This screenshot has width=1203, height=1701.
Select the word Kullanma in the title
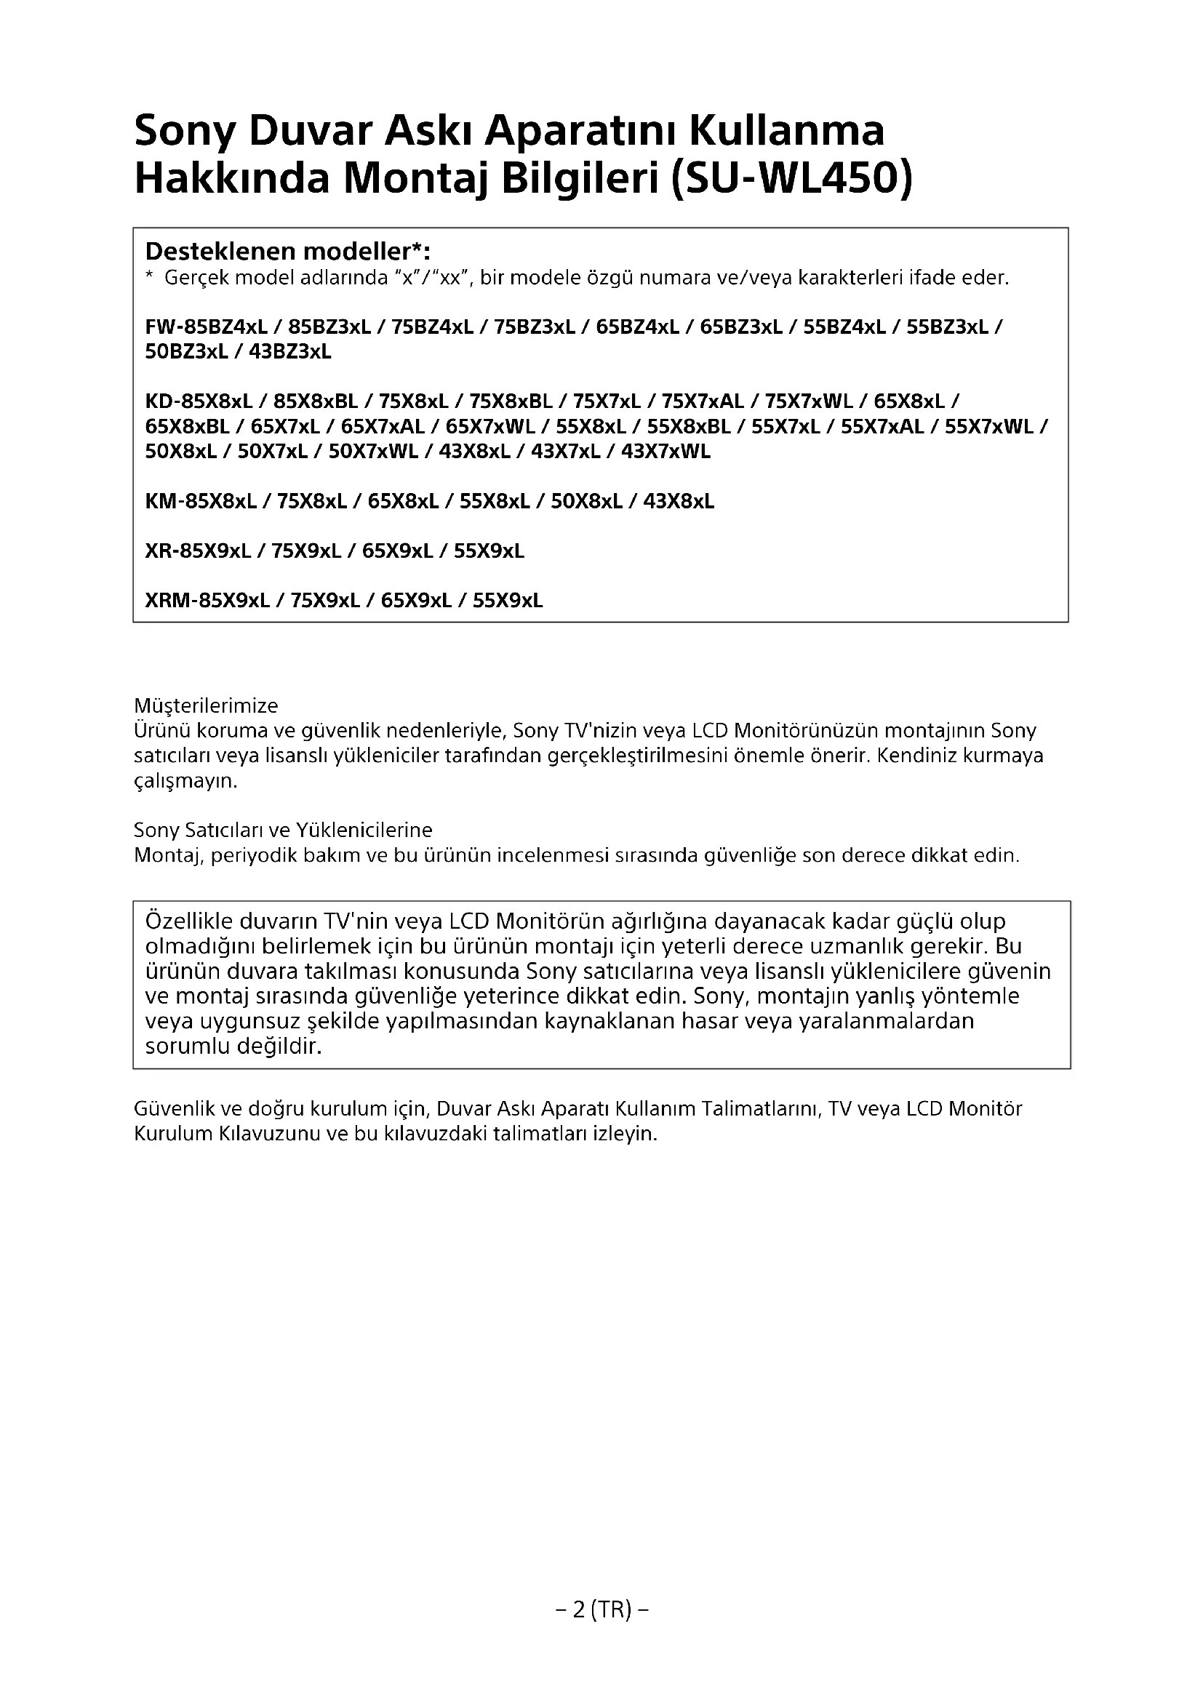tap(787, 130)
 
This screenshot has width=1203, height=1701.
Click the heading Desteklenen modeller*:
tap(287, 251)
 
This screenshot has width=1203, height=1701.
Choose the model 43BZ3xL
tap(289, 351)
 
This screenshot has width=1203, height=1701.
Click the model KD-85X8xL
tap(199, 401)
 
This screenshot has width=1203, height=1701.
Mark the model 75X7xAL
tap(703, 401)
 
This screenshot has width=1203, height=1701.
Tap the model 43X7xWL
tap(666, 451)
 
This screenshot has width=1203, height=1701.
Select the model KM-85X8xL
tap(201, 502)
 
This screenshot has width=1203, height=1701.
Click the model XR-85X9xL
tap(198, 551)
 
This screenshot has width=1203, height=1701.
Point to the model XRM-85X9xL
tap(207, 601)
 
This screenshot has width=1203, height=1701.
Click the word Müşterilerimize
tap(205, 705)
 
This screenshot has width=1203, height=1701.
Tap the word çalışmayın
tap(185, 781)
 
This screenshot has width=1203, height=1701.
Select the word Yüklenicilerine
tap(364, 829)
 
